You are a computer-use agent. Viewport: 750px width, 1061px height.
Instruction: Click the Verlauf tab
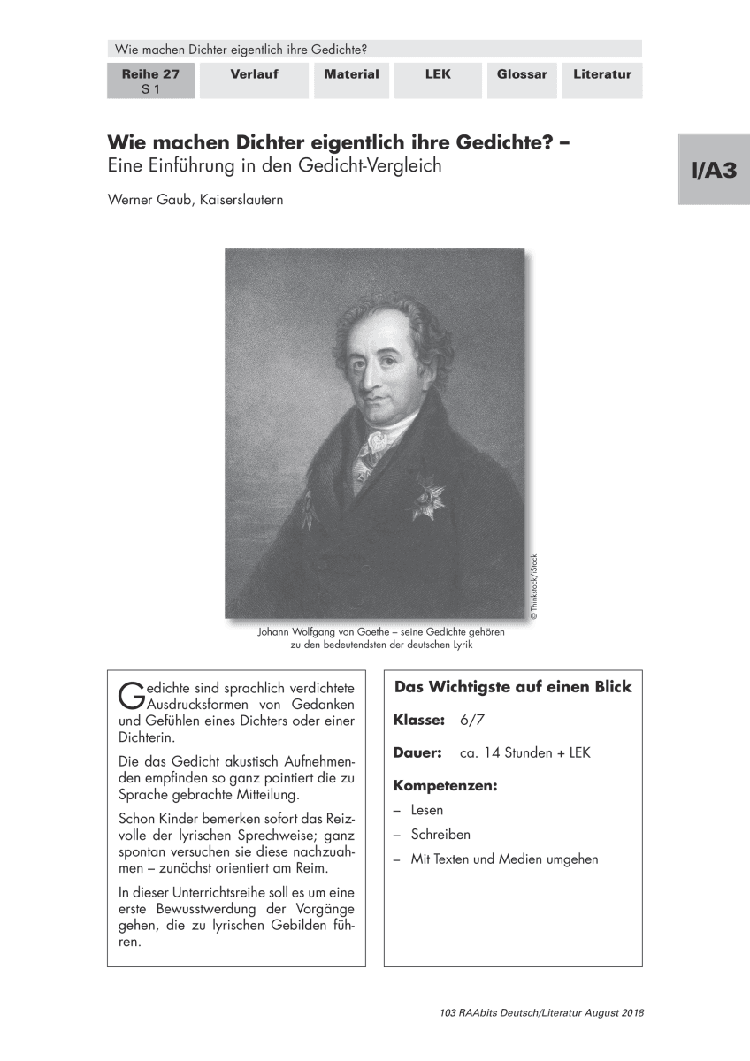click(x=254, y=75)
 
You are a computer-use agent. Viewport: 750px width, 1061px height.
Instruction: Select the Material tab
click(x=351, y=75)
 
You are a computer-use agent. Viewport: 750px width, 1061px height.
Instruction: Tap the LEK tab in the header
click(x=438, y=75)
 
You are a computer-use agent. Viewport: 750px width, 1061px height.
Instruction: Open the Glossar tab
click(x=522, y=75)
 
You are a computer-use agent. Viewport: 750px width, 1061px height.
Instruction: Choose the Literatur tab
click(x=601, y=75)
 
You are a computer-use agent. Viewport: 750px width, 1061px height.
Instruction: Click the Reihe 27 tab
click(x=150, y=80)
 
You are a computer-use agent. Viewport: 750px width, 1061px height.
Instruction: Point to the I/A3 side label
click(x=714, y=170)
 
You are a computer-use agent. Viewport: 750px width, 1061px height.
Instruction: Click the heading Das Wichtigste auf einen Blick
click(x=513, y=687)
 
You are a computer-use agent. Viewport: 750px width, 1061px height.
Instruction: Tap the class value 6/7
click(x=472, y=720)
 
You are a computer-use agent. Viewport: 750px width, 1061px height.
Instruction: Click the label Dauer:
click(x=417, y=753)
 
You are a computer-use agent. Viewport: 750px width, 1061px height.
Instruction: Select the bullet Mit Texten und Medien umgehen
click(x=504, y=859)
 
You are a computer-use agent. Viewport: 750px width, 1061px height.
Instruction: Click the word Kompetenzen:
click(x=445, y=785)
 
